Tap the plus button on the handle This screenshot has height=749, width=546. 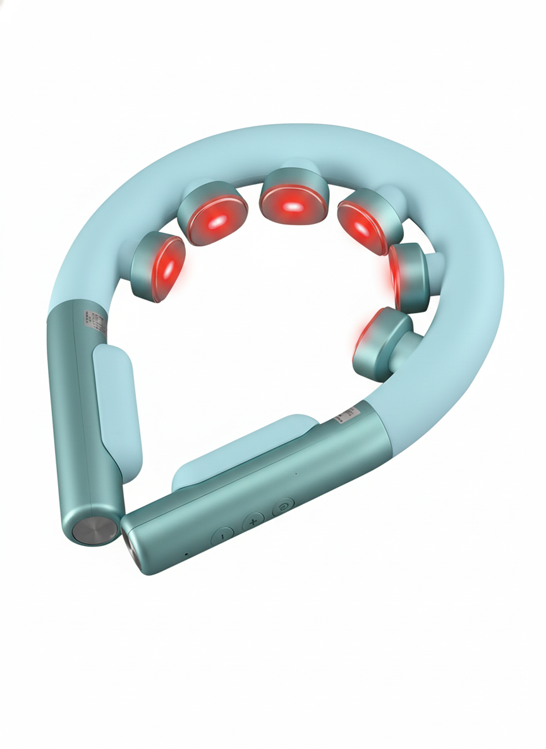[x=253, y=521]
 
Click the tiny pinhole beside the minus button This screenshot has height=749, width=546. [x=186, y=554]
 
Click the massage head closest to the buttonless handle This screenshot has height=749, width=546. [x=158, y=266]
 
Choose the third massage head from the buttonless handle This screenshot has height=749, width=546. [x=293, y=197]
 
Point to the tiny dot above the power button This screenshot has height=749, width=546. [x=296, y=473]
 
